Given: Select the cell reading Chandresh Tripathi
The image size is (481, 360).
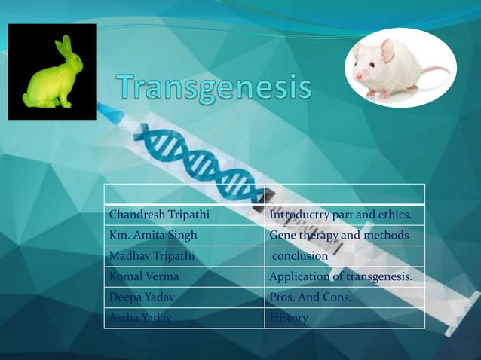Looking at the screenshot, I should click(159, 215).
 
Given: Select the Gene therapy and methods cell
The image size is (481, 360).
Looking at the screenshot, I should click(339, 236).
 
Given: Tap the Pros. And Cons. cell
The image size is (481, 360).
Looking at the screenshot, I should click(311, 297).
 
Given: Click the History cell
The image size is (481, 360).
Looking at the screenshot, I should click(289, 318).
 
